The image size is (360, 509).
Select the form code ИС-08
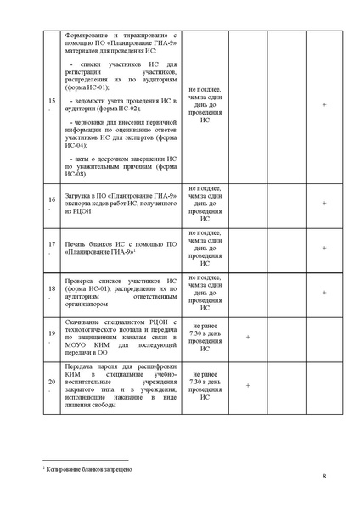coord(77,174)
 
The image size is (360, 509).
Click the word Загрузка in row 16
coord(80,197)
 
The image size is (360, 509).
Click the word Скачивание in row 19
coord(86,322)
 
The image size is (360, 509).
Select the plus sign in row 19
coord(248,338)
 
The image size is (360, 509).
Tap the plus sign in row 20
coord(248,385)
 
